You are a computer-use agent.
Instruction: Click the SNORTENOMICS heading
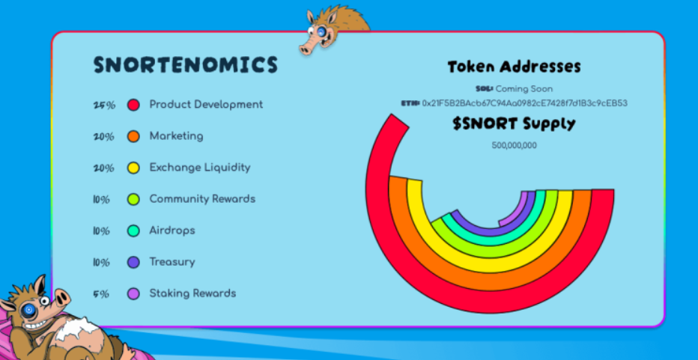click(x=186, y=65)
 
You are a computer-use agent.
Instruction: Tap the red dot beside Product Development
click(x=133, y=105)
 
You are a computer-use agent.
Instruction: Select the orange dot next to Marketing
click(x=133, y=136)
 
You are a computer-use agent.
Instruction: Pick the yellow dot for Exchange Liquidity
click(x=133, y=168)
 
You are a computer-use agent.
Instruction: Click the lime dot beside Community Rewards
click(x=133, y=199)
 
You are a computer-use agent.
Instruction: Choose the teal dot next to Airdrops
click(x=133, y=231)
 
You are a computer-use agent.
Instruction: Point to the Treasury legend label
click(x=172, y=262)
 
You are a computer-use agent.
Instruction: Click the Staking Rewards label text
click(x=192, y=293)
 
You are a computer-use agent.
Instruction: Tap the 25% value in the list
click(x=104, y=106)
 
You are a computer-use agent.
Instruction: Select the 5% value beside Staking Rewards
click(x=101, y=294)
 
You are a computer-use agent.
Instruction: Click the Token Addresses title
click(x=515, y=67)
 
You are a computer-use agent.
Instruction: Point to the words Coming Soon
click(x=524, y=89)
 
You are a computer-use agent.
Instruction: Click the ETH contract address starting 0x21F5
click(x=525, y=103)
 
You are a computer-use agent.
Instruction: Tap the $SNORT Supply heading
click(x=515, y=124)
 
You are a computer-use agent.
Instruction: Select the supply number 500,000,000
click(x=515, y=145)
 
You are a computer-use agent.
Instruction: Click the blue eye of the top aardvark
click(x=321, y=31)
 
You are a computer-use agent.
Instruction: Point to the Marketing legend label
click(x=176, y=136)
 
